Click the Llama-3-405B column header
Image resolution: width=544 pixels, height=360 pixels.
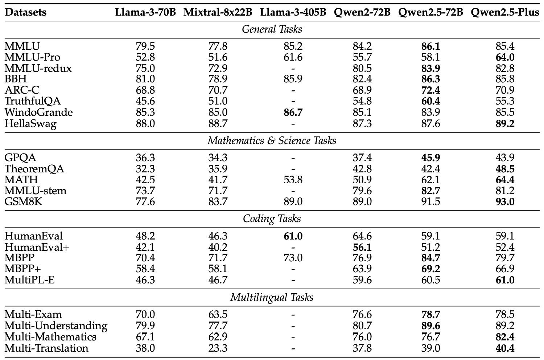coord(293,12)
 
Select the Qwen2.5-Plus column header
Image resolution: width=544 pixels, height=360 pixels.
coord(505,12)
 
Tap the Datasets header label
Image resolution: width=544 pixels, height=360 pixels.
coord(25,12)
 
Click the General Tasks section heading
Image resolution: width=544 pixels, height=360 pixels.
coord(272,29)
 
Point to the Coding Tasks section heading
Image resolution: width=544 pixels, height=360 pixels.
coord(272,218)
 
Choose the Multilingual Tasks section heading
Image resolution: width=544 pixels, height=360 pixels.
coord(272,297)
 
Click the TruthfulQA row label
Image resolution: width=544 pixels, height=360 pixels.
coord(33,101)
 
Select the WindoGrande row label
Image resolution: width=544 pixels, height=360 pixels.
coord(38,112)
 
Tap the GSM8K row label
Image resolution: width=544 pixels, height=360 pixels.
coord(23,202)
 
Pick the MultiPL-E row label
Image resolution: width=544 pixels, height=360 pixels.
coord(30,280)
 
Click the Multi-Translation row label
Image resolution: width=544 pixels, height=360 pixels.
coord(46,348)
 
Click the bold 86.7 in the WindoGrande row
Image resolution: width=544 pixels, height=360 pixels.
coord(293,112)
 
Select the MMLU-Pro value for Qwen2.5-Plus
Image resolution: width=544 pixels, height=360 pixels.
coord(505,57)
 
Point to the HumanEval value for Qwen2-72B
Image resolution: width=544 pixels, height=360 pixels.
coord(362,236)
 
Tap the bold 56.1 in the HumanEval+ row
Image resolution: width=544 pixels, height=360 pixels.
coord(362,247)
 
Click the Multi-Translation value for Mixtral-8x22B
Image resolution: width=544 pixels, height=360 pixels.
coord(218,348)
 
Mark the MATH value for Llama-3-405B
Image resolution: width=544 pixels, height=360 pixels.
coord(293,180)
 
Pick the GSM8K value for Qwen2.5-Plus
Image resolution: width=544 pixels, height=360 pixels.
coord(505,202)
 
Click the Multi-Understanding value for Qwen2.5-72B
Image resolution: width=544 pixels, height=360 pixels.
coord(430,326)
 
